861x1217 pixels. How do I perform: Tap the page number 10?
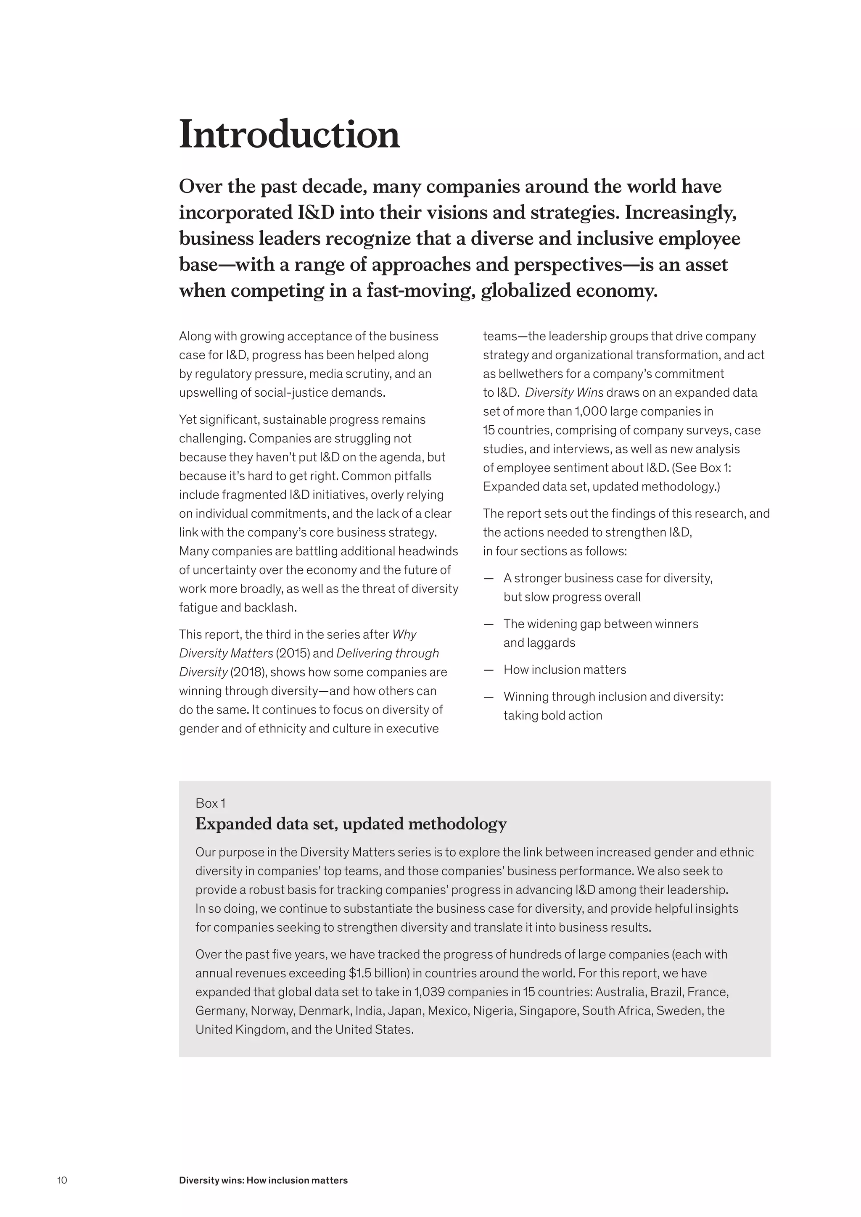pyautogui.click(x=62, y=1180)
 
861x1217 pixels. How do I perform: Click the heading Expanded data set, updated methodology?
pyautogui.click(x=351, y=824)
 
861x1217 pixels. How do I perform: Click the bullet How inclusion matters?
pyautogui.click(x=564, y=669)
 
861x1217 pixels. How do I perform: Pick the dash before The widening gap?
pyautogui.click(x=488, y=624)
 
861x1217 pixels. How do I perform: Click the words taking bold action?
pyautogui.click(x=552, y=715)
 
